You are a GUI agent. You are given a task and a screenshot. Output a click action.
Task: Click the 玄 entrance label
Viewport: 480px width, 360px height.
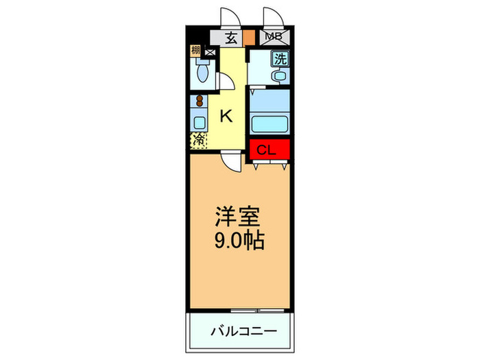tap(232, 38)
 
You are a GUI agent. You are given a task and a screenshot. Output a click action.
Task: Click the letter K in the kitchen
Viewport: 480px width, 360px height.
tap(226, 116)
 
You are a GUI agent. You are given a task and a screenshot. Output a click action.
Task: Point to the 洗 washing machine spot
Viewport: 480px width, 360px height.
tap(280, 59)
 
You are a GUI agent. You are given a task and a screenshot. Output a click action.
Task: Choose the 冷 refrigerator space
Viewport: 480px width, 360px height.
tap(197, 141)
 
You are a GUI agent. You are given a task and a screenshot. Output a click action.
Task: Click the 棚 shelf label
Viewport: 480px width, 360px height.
tap(196, 50)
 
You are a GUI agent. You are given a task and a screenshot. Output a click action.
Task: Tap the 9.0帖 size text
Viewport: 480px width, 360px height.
tap(237, 241)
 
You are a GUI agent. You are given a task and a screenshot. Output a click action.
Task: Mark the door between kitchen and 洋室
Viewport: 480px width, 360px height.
tap(232, 163)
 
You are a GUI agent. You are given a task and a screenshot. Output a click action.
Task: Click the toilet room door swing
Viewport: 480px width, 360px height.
tap(224, 80)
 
